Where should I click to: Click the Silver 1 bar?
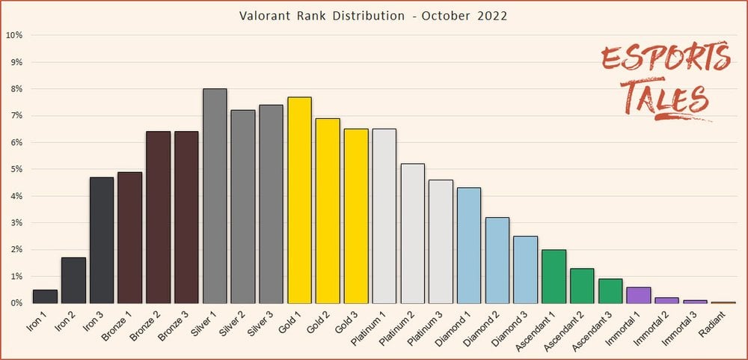(x=215, y=196)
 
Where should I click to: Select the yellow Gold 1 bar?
(x=299, y=200)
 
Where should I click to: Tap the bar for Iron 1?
(x=45, y=296)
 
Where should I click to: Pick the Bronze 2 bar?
(x=158, y=217)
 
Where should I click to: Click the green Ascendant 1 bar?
(x=554, y=276)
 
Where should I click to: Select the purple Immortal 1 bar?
(x=638, y=295)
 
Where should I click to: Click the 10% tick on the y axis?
(x=15, y=35)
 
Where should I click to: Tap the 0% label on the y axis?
(x=16, y=303)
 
